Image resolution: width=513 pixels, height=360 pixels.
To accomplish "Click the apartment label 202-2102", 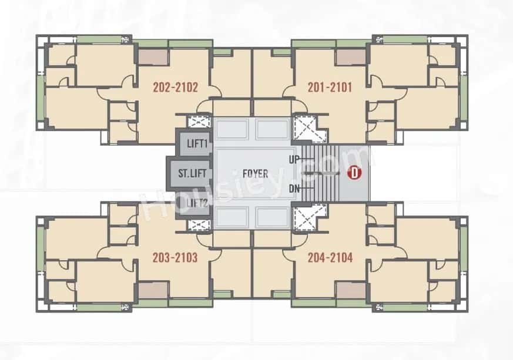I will pos(175,88).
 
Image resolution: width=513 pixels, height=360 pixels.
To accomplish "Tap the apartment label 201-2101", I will pos(330,88).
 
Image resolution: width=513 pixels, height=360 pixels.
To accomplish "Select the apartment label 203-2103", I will pos(175,257).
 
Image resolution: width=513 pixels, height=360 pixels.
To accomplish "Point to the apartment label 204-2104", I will pos(330,257).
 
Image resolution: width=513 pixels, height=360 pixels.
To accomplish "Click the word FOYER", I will pos(255,173).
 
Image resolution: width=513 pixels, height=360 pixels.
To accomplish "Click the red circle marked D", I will pos(354,173).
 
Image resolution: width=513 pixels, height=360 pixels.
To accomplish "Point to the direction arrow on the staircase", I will pos(314,174).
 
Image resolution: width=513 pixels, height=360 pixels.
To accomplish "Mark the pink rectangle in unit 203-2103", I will pos(153,290).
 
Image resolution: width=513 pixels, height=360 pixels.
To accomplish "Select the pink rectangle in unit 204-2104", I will pos(350,290).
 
